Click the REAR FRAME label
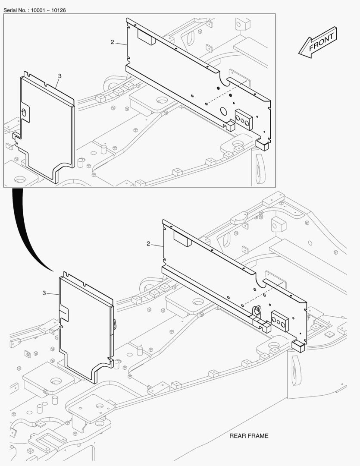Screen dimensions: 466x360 (249, 436)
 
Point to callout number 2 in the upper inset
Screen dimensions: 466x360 (112, 42)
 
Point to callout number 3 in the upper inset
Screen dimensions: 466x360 (59, 76)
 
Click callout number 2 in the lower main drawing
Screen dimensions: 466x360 (148, 244)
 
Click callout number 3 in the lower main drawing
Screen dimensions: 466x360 (44, 293)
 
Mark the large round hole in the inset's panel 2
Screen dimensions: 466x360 (224, 111)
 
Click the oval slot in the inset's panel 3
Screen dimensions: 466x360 (25, 112)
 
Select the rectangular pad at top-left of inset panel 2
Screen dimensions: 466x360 (146, 38)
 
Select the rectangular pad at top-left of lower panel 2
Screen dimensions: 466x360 (182, 238)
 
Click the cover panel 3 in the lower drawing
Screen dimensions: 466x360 (86, 328)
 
